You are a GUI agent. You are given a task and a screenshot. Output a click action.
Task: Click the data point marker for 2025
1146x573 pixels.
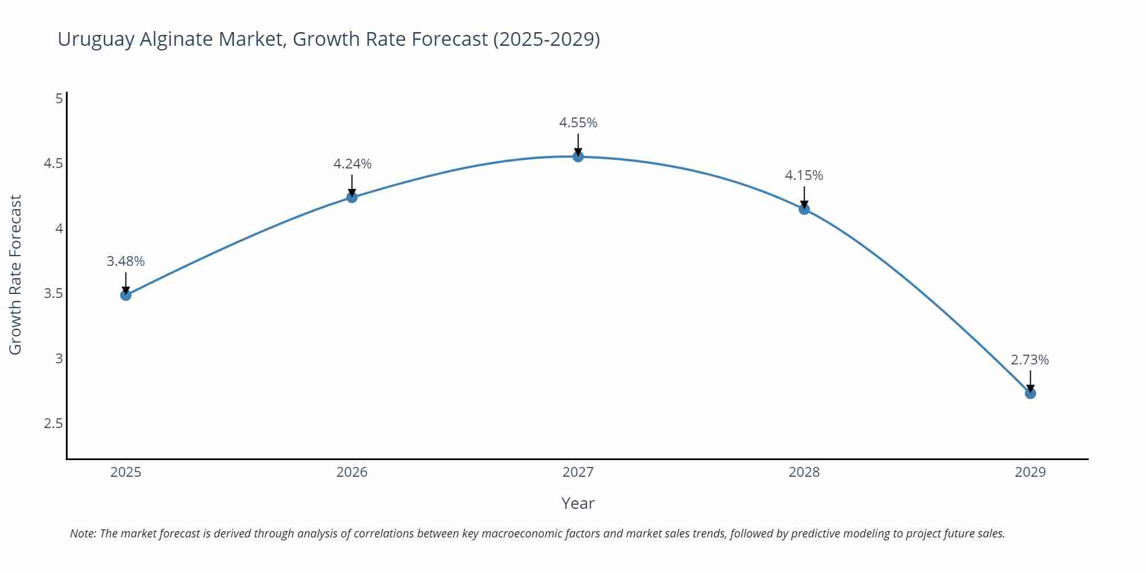coord(125,295)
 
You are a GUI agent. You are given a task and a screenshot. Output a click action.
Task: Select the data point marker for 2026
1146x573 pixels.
coord(352,197)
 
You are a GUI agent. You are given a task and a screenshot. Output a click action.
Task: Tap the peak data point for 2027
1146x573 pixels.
coord(578,156)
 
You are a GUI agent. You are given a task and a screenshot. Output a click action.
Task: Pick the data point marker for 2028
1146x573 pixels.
coord(804,209)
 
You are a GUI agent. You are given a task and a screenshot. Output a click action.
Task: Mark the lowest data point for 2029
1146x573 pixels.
coord(1030,393)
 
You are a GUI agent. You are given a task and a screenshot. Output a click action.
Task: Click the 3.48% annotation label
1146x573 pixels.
coord(125,261)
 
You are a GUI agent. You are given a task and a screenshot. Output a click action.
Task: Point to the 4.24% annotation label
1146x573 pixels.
coord(352,164)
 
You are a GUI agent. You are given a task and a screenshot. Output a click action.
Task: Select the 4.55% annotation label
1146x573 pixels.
coord(578,123)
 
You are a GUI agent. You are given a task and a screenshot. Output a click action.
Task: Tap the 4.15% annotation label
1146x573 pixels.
coord(804,175)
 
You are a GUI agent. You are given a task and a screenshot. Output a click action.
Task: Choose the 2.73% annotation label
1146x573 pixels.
coord(1030,360)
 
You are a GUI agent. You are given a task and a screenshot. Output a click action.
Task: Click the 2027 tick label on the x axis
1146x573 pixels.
coord(578,472)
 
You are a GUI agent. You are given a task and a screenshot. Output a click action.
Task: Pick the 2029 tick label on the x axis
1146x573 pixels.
coord(1030,472)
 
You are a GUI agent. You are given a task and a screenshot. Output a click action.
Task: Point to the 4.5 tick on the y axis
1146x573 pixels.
coord(53,163)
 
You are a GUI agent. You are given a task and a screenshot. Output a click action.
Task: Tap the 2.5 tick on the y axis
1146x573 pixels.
coord(53,423)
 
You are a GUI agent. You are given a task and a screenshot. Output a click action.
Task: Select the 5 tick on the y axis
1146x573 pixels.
coord(59,99)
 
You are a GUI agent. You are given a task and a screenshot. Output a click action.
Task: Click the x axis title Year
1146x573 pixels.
coord(578,503)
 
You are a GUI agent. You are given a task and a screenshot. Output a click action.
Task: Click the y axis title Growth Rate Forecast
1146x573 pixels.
coord(15,274)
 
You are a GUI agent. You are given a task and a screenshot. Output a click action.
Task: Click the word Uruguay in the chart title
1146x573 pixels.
coord(96,39)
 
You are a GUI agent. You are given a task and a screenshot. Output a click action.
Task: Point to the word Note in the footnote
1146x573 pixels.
coord(83,533)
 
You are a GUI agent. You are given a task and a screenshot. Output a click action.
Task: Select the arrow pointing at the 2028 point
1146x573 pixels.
coord(804,197)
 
